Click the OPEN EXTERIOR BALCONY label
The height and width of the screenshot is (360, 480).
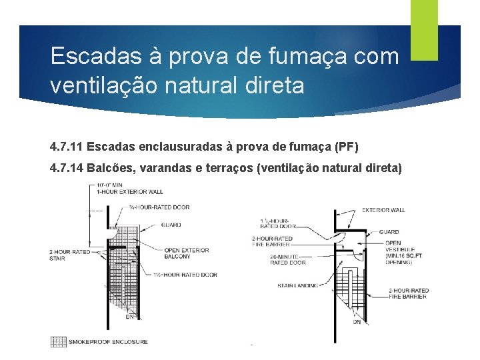tap(187, 253)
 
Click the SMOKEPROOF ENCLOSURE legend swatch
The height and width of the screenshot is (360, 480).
tap(59, 341)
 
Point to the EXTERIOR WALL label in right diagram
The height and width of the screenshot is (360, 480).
tap(383, 210)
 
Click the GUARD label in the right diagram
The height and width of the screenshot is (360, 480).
tap(389, 232)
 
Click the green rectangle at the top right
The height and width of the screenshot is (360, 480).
tap(424, 30)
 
